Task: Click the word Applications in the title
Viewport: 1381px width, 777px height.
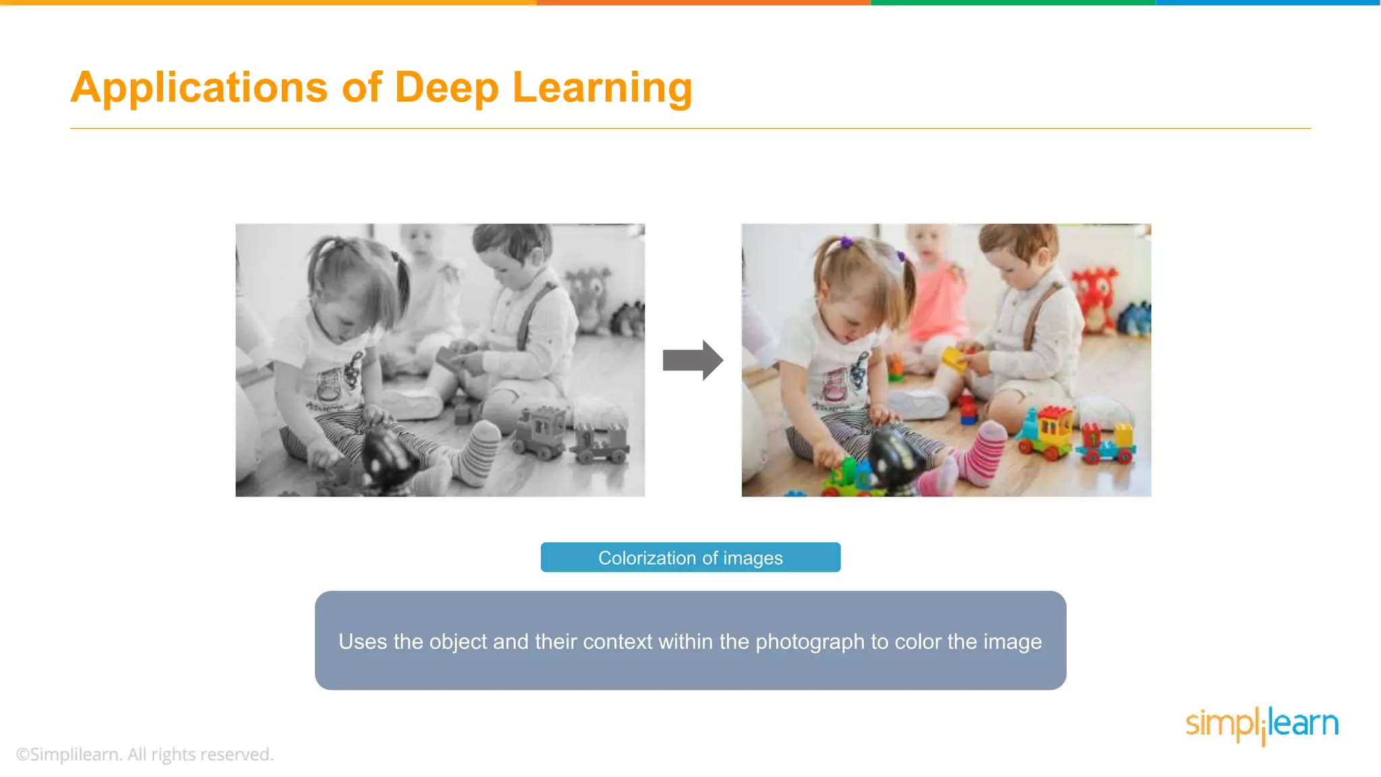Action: (199, 88)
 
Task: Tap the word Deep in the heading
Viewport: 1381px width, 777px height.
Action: (446, 88)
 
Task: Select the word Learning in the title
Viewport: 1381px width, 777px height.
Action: (602, 88)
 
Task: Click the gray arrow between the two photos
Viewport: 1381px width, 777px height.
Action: (693, 360)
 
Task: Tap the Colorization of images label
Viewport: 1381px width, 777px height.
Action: (690, 558)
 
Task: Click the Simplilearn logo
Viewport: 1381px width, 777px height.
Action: (1262, 724)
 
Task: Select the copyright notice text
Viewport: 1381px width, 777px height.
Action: (145, 754)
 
